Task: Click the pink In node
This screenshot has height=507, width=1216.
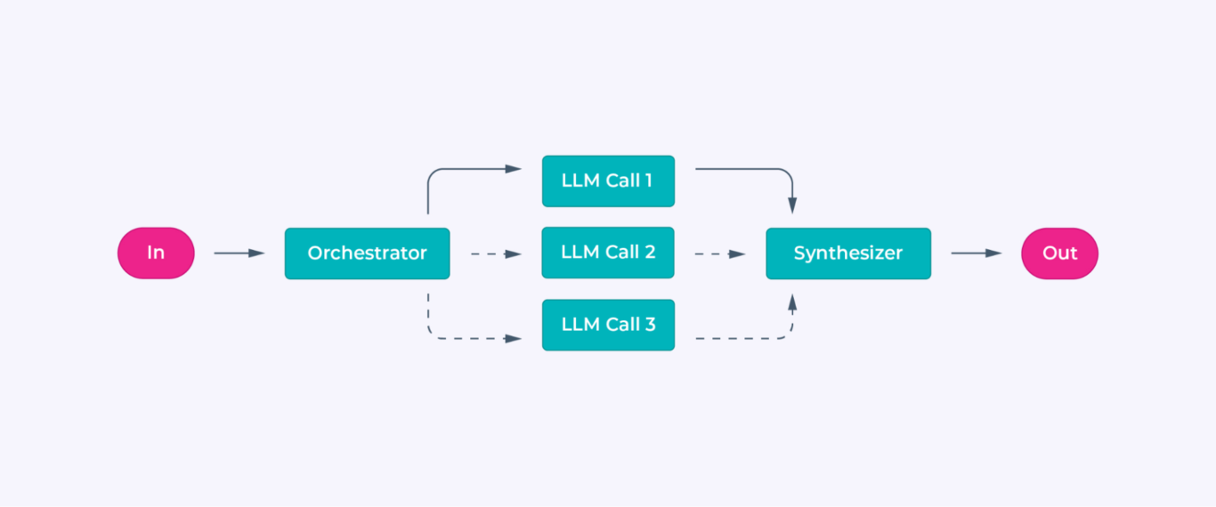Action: pyautogui.click(x=156, y=253)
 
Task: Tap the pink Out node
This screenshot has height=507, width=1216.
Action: pyautogui.click(x=1059, y=253)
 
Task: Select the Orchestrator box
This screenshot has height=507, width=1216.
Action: pyautogui.click(x=367, y=253)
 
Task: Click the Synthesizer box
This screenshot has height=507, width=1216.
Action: pyautogui.click(x=847, y=253)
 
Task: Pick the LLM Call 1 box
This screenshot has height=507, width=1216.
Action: pyautogui.click(x=608, y=181)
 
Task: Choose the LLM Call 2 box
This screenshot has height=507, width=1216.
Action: pyautogui.click(x=608, y=253)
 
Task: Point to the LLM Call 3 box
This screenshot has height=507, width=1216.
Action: pyautogui.click(x=608, y=325)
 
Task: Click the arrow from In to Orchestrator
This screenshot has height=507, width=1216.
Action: pyautogui.click(x=239, y=253)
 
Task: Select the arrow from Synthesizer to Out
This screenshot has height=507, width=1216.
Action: pyautogui.click(x=976, y=253)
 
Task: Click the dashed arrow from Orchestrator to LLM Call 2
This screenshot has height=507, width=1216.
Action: pyautogui.click(x=495, y=254)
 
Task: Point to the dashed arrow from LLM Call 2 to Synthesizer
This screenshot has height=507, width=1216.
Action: pyautogui.click(x=719, y=254)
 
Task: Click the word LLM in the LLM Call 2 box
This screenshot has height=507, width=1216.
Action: pyautogui.click(x=580, y=253)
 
